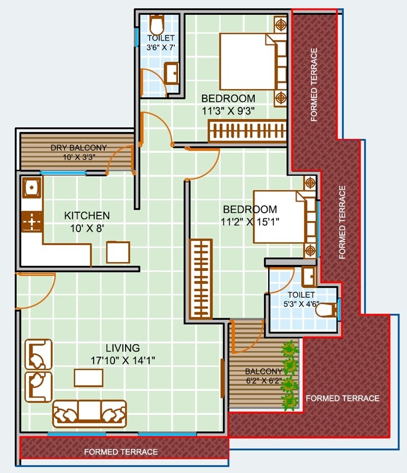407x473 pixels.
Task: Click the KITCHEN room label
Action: click(x=86, y=216)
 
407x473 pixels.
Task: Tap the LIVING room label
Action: click(x=123, y=348)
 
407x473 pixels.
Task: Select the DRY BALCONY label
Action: click(x=79, y=148)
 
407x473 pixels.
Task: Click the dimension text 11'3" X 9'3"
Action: click(x=228, y=109)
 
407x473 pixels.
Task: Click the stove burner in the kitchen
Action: click(x=32, y=222)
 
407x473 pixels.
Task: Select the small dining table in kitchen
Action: click(x=118, y=252)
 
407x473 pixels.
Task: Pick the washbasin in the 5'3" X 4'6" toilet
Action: click(x=308, y=276)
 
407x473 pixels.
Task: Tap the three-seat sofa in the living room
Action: click(x=90, y=412)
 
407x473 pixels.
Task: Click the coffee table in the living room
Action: click(x=89, y=378)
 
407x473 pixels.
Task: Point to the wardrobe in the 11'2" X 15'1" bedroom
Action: click(x=200, y=279)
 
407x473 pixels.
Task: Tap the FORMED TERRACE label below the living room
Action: click(x=121, y=452)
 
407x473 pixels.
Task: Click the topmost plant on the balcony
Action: click(x=290, y=349)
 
